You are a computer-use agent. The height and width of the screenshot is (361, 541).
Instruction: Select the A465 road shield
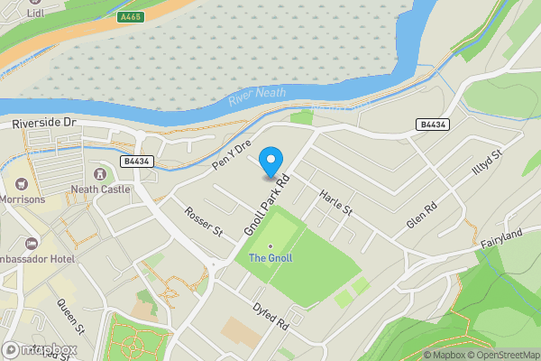[132, 16]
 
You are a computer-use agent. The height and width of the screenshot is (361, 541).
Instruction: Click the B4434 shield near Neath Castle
[135, 162]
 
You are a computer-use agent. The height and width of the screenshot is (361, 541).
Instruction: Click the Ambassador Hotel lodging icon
[32, 244]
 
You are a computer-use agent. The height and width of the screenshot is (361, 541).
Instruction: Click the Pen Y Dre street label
[231, 155]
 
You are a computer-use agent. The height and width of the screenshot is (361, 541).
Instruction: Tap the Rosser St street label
[203, 221]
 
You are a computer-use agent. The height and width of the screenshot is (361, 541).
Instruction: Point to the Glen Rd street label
[421, 214]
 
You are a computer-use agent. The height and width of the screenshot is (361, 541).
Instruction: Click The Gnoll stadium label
[270, 258]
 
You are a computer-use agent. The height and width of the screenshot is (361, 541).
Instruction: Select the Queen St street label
[69, 316]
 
